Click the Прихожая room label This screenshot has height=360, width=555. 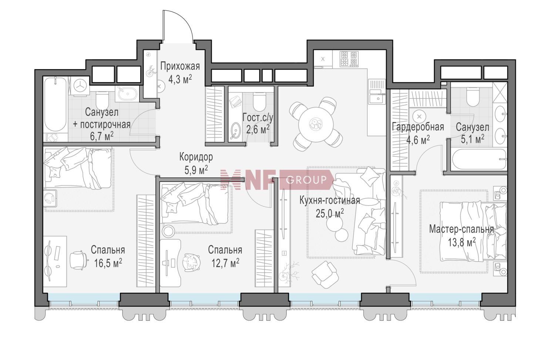[180, 66]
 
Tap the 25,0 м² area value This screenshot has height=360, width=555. [330, 213]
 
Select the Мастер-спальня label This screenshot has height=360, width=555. [461, 229]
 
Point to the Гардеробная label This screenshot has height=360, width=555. [418, 127]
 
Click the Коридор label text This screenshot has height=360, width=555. [196, 157]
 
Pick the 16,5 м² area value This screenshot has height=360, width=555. [108, 263]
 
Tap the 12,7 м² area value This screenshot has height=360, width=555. [225, 263]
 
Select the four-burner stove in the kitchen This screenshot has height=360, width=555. [349, 58]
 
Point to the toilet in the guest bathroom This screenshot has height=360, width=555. [259, 101]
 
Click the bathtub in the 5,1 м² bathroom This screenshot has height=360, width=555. [478, 159]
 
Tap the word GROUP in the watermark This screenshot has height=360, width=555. [306, 179]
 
